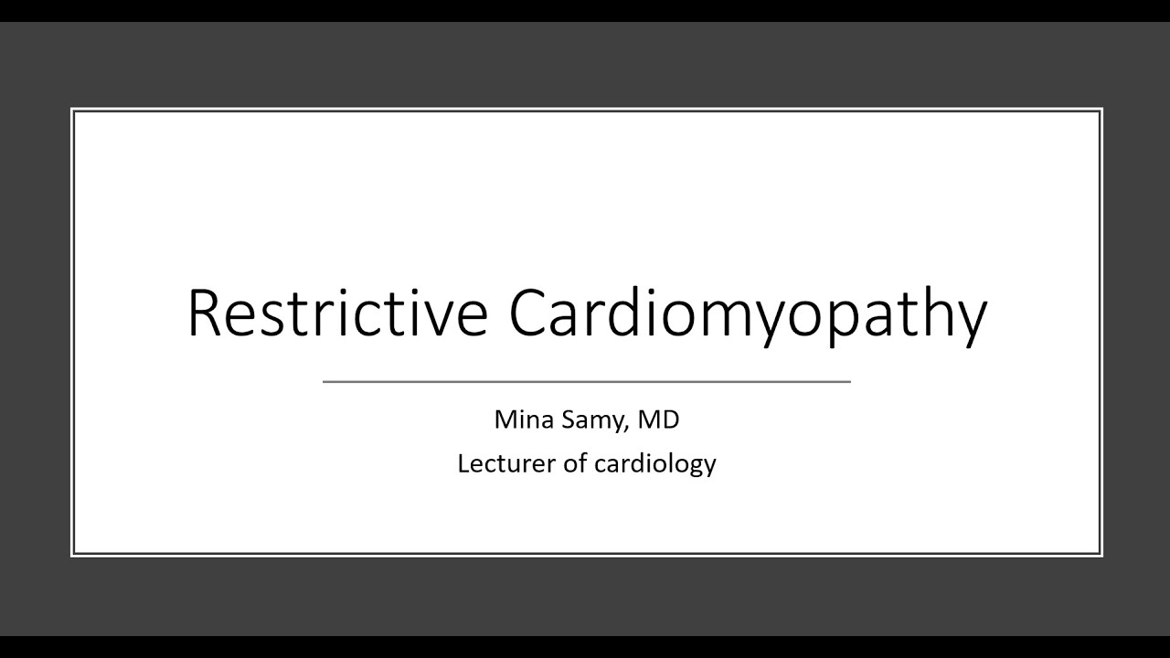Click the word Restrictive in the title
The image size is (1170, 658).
[337, 313]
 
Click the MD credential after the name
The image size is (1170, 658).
[659, 419]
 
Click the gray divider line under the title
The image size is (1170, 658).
[586, 381]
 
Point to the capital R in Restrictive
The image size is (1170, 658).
[206, 313]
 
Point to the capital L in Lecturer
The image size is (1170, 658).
[463, 463]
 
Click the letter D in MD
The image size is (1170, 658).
[670, 419]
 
